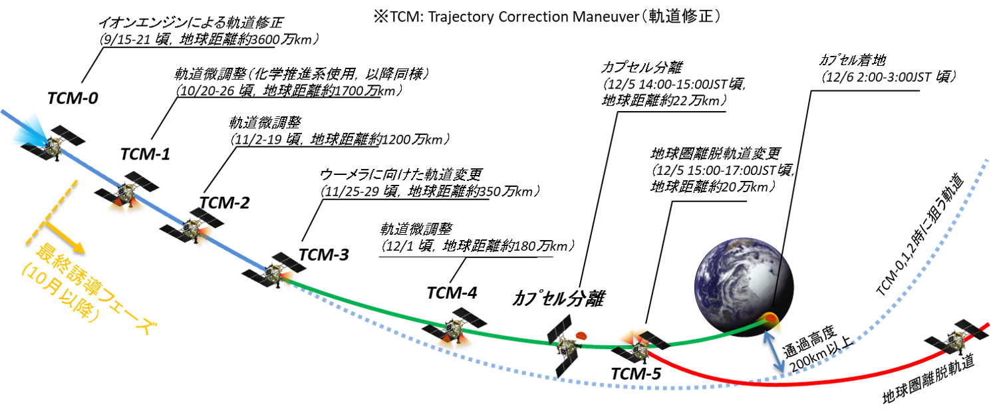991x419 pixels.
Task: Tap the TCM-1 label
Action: pos(145,155)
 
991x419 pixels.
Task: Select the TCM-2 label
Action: pos(225,203)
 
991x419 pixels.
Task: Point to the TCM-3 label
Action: pos(323,254)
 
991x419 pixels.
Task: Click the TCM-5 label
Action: pos(637,374)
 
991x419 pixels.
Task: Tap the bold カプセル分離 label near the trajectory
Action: pos(557,299)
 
